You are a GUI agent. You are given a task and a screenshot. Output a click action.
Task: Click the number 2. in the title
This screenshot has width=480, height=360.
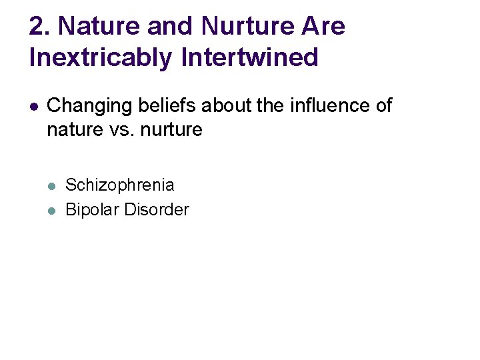(x=40, y=27)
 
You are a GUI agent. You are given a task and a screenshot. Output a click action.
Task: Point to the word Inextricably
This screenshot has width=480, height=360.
(x=101, y=58)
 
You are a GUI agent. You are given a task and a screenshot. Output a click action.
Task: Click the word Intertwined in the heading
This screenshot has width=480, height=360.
(x=249, y=58)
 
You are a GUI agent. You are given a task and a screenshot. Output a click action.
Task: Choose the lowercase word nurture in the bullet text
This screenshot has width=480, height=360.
(x=170, y=129)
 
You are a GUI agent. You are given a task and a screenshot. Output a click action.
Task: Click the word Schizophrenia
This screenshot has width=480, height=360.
(x=120, y=185)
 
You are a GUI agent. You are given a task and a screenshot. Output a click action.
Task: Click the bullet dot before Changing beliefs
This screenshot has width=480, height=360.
(x=34, y=107)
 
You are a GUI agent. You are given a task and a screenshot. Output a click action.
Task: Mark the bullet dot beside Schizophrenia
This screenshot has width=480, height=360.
(x=52, y=186)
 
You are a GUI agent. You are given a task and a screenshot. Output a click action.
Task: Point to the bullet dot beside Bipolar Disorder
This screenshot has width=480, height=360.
(x=52, y=210)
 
